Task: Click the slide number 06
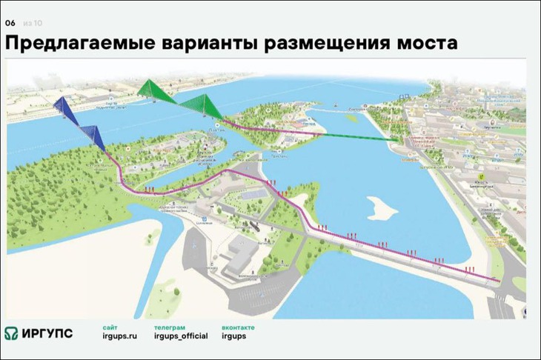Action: point(10,23)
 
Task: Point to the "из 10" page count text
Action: point(32,23)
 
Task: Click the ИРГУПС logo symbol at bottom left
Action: point(13,333)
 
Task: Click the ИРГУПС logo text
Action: point(50,333)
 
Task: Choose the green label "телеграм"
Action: point(170,327)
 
